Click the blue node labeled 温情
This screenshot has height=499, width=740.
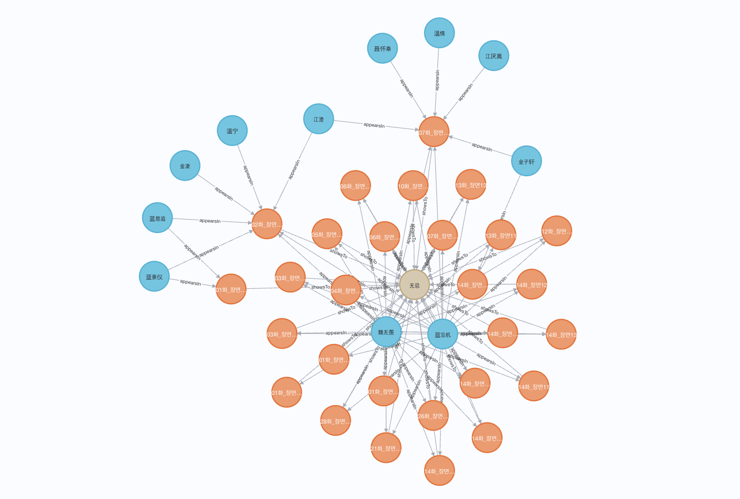click(439, 33)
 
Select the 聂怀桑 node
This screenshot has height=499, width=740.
click(382, 48)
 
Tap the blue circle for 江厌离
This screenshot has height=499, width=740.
click(494, 56)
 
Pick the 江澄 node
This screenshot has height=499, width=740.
click(319, 119)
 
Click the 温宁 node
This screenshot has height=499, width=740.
click(232, 131)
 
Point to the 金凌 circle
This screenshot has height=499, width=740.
click(185, 166)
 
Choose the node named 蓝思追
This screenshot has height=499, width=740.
click(157, 218)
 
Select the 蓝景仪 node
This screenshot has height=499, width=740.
click(154, 277)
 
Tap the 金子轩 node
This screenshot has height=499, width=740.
click(527, 161)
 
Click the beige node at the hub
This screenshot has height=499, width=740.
click(414, 285)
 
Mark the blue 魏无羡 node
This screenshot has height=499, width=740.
click(386, 332)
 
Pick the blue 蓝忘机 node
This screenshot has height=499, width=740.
click(442, 334)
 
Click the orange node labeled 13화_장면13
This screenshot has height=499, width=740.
click(471, 185)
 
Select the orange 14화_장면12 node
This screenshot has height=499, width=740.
click(531, 285)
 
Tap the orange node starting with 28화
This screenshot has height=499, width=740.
click(335, 421)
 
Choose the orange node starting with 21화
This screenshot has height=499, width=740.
click(386, 448)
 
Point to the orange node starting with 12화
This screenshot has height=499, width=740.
click(556, 231)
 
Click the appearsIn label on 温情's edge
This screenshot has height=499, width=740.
click(437, 80)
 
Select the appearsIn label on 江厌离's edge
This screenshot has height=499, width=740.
click(466, 92)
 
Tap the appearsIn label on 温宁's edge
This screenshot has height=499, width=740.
click(248, 175)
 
